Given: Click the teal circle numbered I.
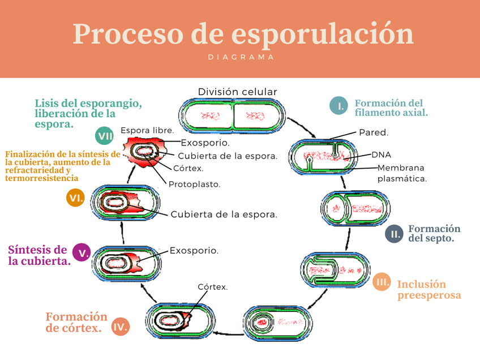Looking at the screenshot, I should [x=338, y=106].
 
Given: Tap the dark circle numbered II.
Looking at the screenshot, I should [x=394, y=233].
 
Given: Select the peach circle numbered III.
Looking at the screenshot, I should [x=382, y=282].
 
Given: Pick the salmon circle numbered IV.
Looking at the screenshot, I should [x=120, y=327].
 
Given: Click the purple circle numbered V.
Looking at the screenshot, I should [x=82, y=252].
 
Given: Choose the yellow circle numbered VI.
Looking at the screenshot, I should [x=75, y=198].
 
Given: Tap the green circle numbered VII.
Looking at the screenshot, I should [x=105, y=136].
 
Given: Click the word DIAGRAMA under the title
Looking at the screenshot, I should [x=241, y=57].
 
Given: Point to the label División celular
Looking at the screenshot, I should [x=238, y=92].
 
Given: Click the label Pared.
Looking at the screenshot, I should [x=374, y=133].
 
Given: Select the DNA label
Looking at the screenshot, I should [x=381, y=155].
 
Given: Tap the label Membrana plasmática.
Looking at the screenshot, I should [x=401, y=173].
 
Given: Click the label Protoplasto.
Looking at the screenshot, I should [x=194, y=184].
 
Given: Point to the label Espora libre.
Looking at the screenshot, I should [x=147, y=130].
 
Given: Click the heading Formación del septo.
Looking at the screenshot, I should [x=434, y=233].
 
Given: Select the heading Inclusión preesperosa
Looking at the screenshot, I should [x=428, y=290].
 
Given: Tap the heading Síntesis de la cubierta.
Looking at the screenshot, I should [x=38, y=255].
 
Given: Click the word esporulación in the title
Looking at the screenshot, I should [x=323, y=33].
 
